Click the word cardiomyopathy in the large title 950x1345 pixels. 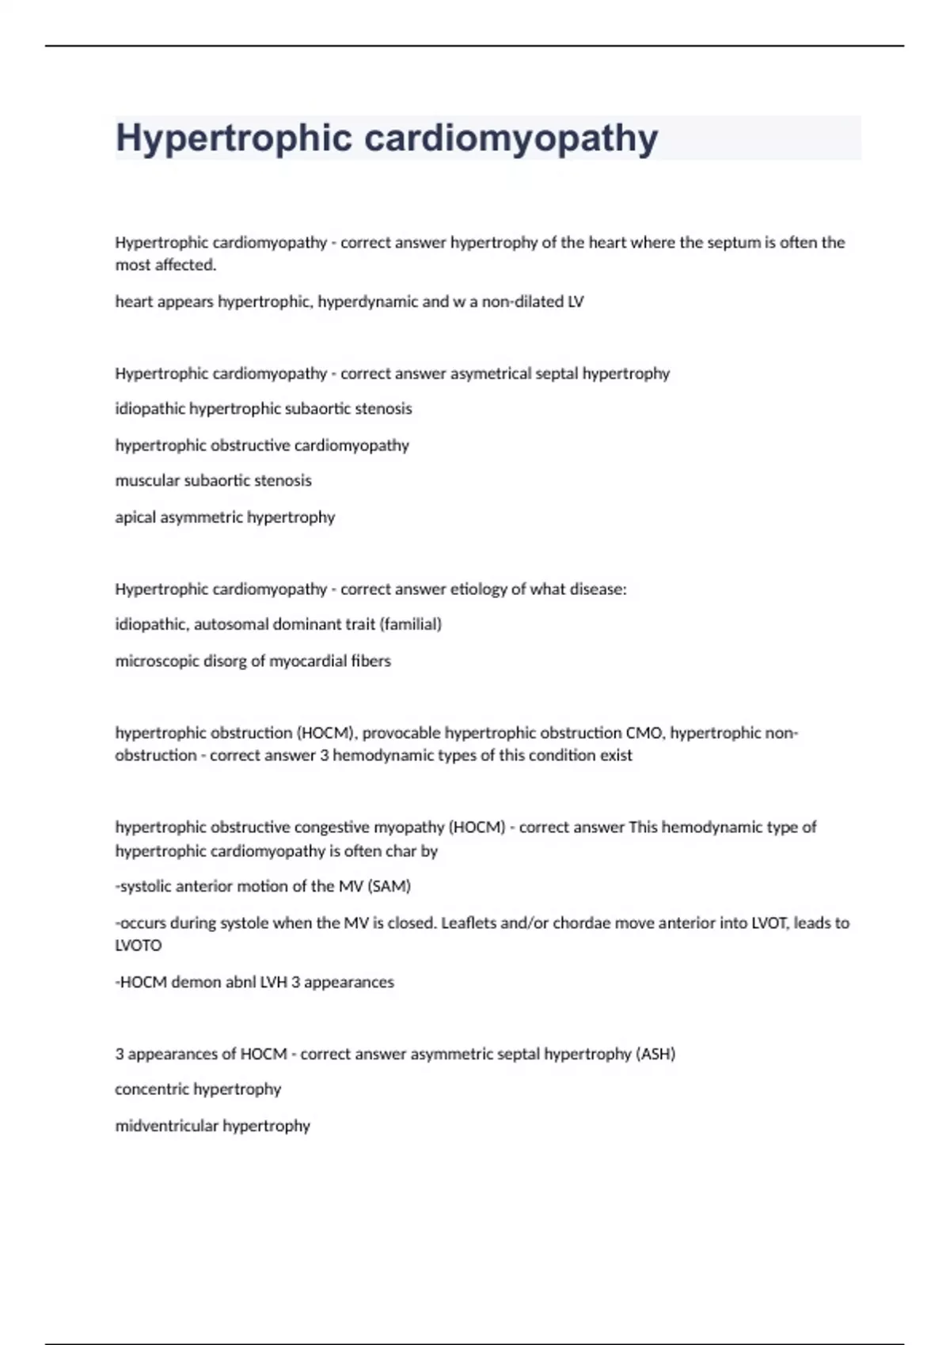pos(511,138)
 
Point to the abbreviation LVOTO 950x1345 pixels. pos(139,945)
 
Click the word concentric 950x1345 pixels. pos(151,1089)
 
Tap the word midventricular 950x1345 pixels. pos(166,1126)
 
